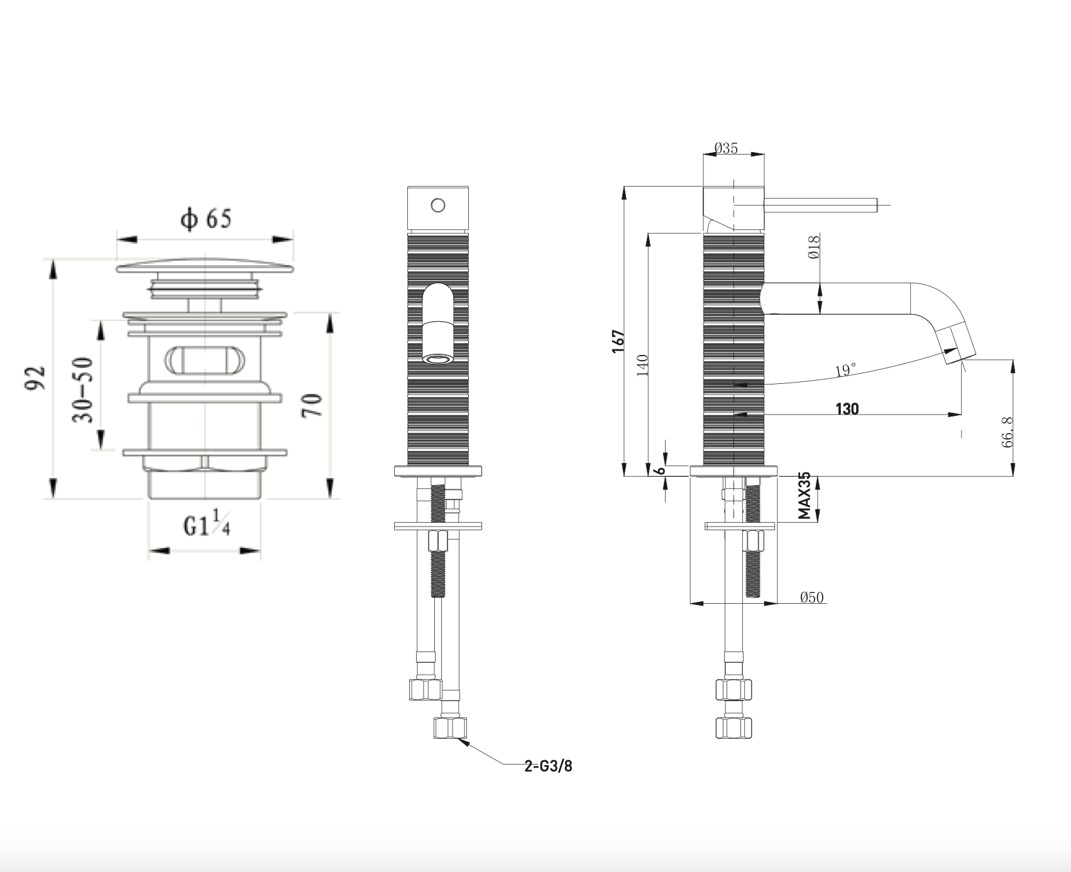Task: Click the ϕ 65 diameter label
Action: pos(206,219)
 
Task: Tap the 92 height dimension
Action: pos(35,378)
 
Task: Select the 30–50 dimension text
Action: pos(84,390)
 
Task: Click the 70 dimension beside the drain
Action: pos(312,405)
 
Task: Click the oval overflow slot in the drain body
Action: pos(205,361)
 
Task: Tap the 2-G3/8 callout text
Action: pos(548,766)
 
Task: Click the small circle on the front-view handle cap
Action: pos(438,205)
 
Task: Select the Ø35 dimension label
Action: pos(726,149)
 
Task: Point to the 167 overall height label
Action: pos(618,341)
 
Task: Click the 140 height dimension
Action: pos(643,365)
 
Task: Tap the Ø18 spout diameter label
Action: pos(813,247)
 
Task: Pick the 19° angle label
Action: pos(845,371)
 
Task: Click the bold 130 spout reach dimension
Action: pos(847,409)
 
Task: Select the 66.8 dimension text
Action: pos(1008,431)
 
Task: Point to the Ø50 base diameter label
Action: pos(811,597)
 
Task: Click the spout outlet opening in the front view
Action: pos(437,359)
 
